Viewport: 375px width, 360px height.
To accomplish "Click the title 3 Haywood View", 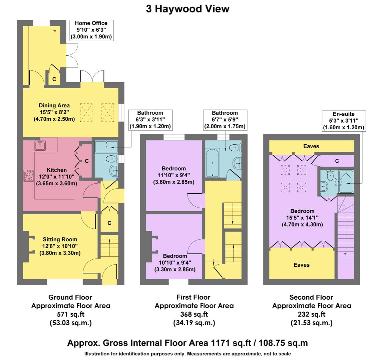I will (187, 9).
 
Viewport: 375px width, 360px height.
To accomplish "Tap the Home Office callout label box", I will (91, 30).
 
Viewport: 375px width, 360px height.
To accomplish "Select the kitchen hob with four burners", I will (28, 176).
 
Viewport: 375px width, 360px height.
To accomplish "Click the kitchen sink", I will (40, 146).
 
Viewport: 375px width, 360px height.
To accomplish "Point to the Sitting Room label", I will (60, 239).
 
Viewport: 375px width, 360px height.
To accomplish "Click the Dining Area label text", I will (54, 106).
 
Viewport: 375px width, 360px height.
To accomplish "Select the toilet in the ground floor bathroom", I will (110, 159).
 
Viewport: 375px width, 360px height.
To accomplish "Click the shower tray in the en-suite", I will (346, 182).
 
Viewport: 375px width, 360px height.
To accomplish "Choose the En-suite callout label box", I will (343, 121).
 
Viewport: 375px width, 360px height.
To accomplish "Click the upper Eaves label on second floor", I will (311, 146).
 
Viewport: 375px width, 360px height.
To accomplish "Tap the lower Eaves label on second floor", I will (301, 265).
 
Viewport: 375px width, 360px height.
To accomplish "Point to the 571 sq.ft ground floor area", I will (70, 314).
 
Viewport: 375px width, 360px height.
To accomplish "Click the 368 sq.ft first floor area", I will (194, 314).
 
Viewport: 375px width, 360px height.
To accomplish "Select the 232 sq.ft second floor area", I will (311, 314).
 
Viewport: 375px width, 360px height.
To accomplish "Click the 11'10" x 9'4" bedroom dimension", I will (173, 175).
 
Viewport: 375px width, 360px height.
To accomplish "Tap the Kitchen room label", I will (56, 170).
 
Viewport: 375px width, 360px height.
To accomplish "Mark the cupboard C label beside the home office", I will (54, 79).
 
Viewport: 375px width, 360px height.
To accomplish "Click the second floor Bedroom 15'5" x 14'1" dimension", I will (302, 218).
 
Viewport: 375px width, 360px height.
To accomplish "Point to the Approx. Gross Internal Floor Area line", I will (187, 343).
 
